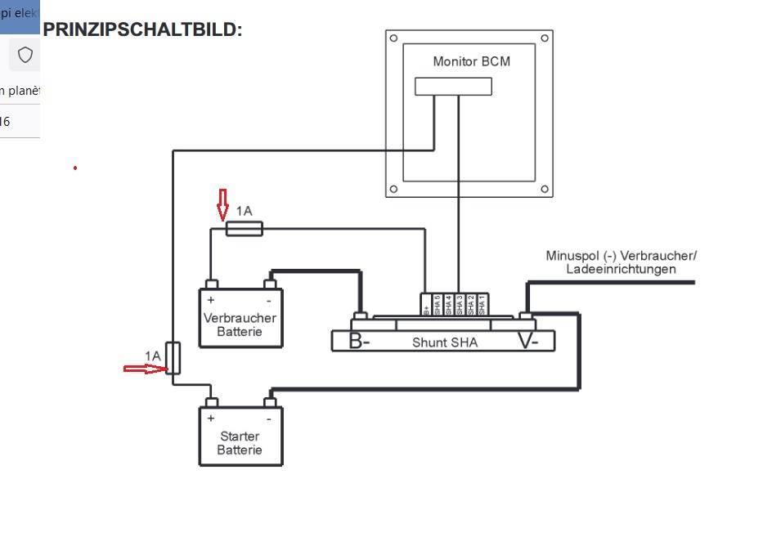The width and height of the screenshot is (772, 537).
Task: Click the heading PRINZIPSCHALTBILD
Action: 142,30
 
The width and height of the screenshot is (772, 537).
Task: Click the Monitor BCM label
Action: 472,61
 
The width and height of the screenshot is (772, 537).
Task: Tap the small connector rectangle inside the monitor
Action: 453,86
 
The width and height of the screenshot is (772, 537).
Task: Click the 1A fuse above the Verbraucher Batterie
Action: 244,230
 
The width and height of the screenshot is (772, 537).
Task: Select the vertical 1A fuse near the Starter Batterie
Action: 173,358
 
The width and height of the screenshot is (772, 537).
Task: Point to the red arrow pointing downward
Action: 222,204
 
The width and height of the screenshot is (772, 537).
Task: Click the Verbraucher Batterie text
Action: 240,324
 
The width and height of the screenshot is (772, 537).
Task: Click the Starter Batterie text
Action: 240,443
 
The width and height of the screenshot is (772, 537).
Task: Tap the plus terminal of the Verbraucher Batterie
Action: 211,284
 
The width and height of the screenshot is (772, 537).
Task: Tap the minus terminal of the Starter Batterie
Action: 270,402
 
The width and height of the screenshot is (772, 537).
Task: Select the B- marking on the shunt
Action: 359,342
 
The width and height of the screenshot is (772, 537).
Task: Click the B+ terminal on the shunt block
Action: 426,304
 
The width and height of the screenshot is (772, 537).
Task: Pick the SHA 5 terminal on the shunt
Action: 438,304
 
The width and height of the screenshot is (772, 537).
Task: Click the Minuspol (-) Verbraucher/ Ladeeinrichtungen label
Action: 622,262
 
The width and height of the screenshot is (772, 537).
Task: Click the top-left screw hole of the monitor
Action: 394,38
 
